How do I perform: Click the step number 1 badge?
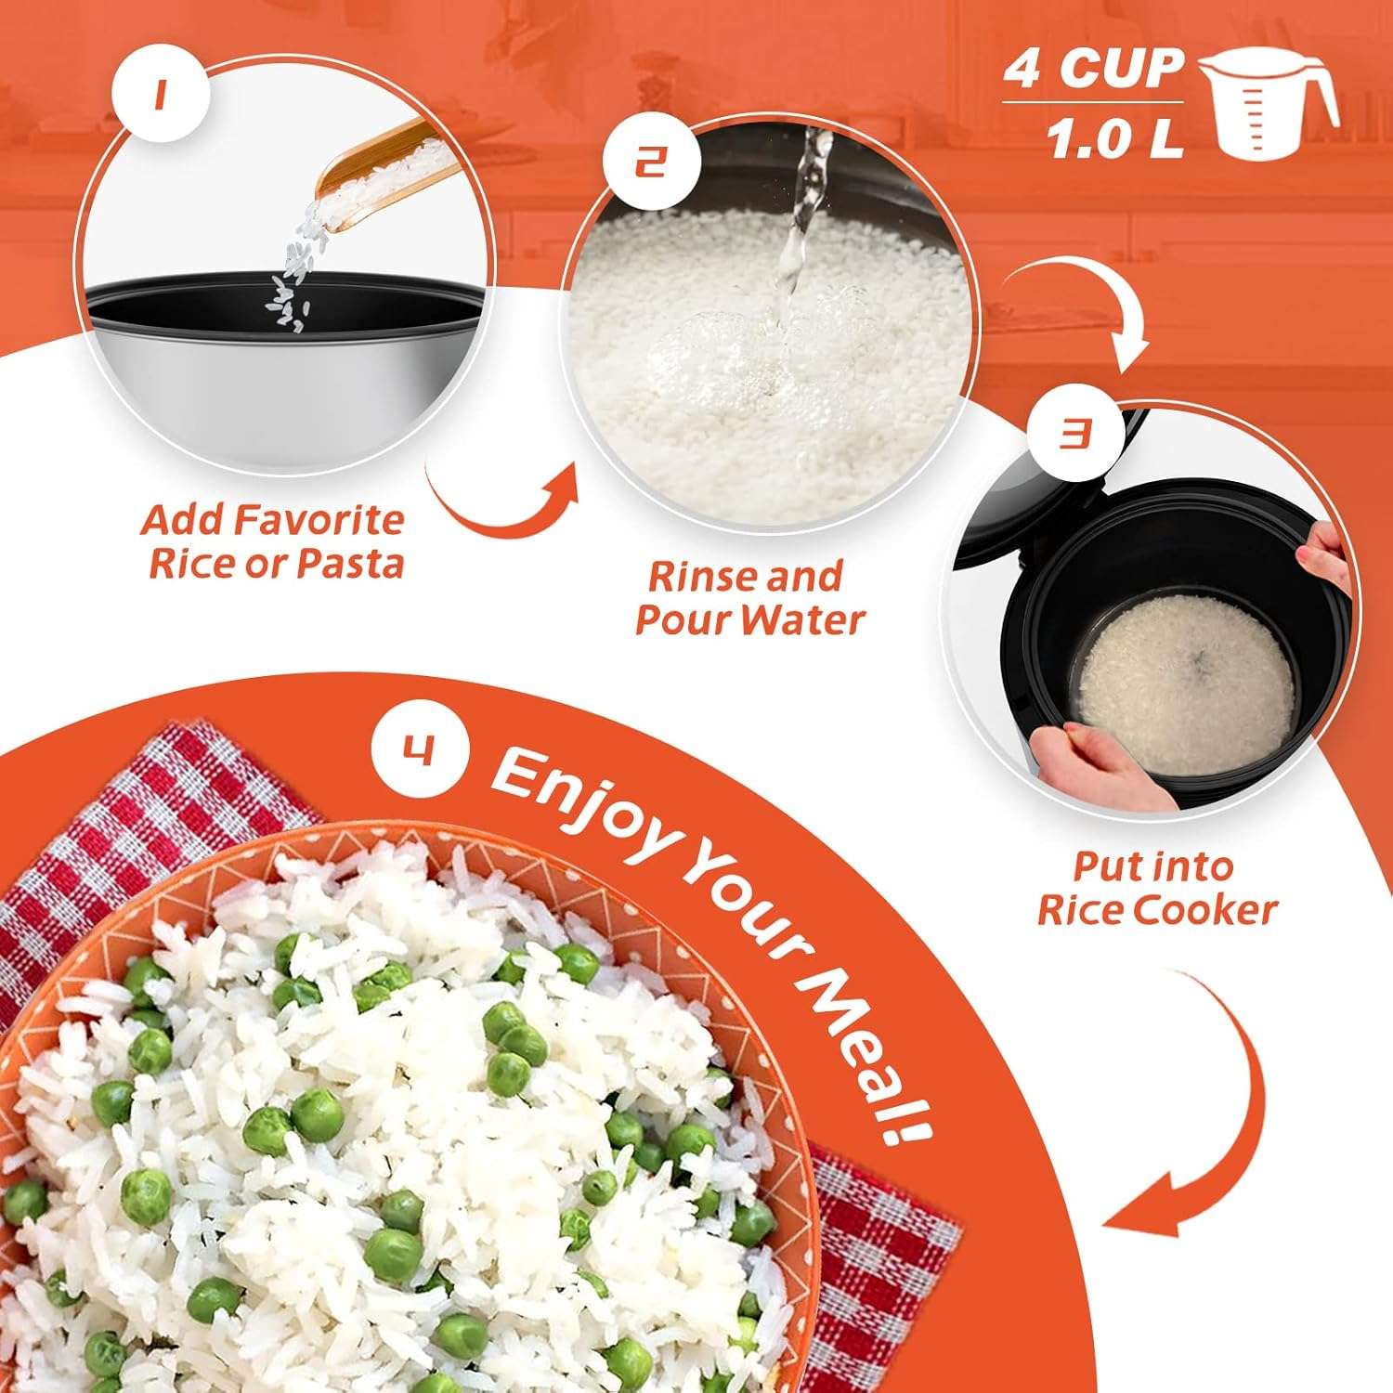point(159,96)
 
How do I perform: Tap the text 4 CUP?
point(1093,68)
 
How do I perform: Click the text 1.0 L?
point(1114,140)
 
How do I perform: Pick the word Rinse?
point(695,577)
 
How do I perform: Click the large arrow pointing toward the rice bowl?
point(1198,1114)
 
